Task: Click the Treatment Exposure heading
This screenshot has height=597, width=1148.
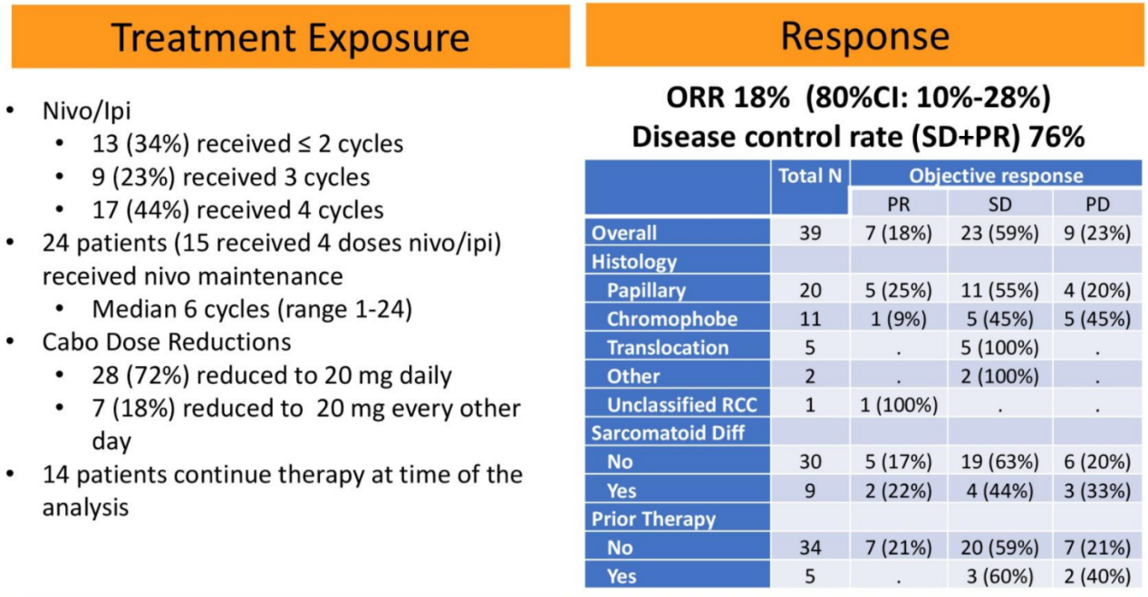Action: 290,37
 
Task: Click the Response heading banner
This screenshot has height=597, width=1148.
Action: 864,36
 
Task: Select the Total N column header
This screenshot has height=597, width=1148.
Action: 809,177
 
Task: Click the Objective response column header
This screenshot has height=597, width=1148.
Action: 996,177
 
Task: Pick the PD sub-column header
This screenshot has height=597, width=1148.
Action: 1098,204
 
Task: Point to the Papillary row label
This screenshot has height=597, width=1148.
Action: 646,291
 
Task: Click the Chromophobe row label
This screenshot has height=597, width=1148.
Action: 671,319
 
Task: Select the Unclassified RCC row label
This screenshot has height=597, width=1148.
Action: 680,405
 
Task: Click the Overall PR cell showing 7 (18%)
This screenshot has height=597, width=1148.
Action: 898,233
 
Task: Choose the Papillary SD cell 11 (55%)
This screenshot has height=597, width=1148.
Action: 999,291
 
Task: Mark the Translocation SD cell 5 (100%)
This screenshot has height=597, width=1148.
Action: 999,348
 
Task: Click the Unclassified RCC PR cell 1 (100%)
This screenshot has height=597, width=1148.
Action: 898,405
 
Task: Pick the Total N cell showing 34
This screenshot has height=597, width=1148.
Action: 809,547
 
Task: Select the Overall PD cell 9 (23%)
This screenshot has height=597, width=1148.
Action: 1098,233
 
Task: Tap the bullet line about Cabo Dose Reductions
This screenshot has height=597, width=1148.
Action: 167,342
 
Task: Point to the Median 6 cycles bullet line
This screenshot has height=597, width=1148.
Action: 252,309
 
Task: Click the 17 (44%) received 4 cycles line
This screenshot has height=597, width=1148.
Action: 237,209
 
